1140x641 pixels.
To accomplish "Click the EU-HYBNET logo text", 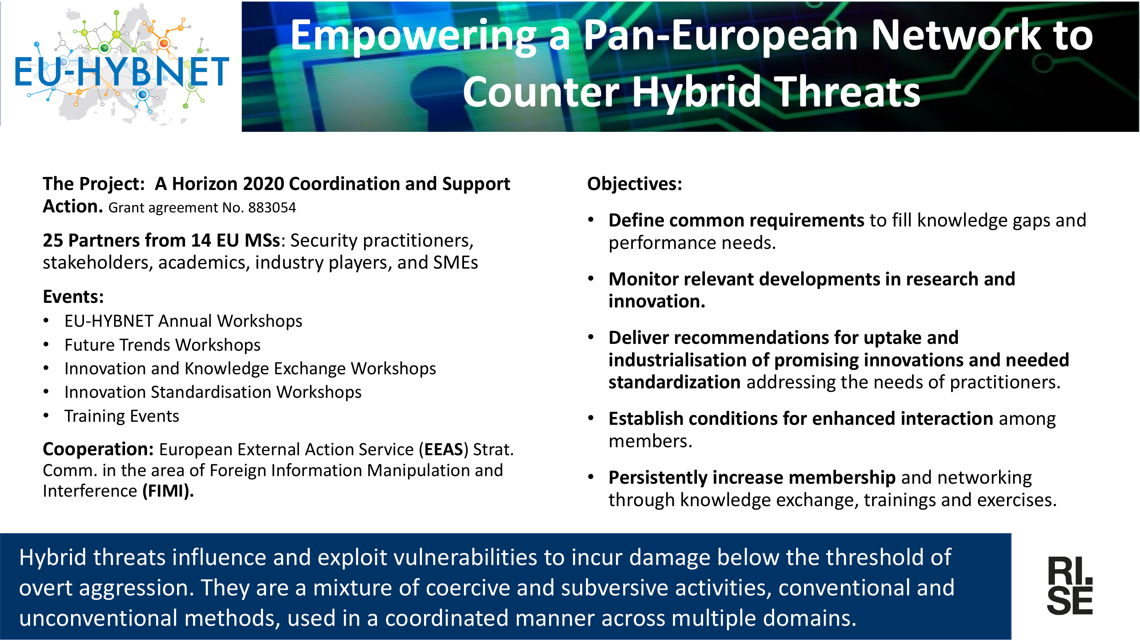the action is pyautogui.click(x=122, y=72).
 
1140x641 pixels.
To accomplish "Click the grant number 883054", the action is pyautogui.click(x=272, y=207).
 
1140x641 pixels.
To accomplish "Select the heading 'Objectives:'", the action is pyautogui.click(x=635, y=184).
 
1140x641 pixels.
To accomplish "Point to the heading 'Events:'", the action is pyautogui.click(x=73, y=296).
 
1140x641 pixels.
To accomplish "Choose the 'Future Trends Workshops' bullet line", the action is pyautogui.click(x=162, y=345).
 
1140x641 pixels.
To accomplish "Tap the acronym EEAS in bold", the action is pyautogui.click(x=443, y=449).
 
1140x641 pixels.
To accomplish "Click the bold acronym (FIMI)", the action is pyautogui.click(x=168, y=491).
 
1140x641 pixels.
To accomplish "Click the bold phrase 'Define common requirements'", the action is pyautogui.click(x=736, y=220).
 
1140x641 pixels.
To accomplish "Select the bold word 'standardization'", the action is pyautogui.click(x=674, y=382).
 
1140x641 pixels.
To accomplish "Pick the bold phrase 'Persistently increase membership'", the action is pyautogui.click(x=752, y=478).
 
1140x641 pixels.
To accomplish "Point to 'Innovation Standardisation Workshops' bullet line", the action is pyautogui.click(x=213, y=392).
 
